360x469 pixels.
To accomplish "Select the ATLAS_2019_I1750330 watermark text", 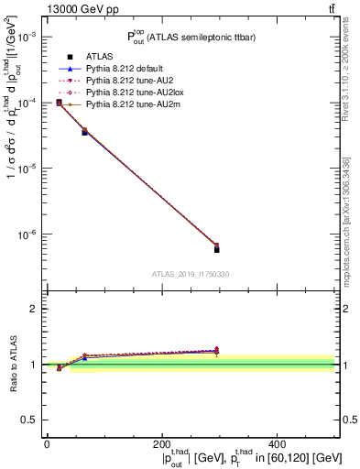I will pyautogui.click(x=191, y=274).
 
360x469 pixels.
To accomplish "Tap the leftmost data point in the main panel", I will pyautogui.click(x=59, y=103).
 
